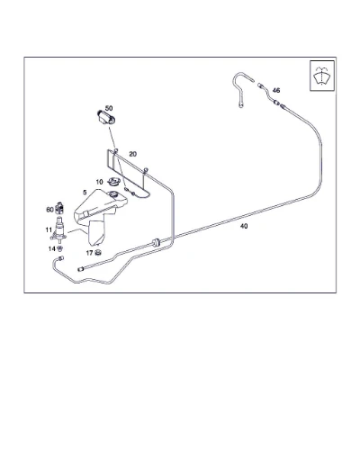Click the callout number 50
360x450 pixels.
109,108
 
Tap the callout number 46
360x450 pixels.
276,90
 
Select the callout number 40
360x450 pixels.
244,226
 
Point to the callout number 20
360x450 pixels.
132,154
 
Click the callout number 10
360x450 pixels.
99,182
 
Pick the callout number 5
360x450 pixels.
85,193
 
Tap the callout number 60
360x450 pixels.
49,210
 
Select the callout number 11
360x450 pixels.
49,229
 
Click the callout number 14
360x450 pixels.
52,248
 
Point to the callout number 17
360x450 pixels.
89,253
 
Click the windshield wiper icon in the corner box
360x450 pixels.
322,76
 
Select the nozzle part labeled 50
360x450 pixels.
106,117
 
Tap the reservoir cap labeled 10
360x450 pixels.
114,182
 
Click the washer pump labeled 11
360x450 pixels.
58,230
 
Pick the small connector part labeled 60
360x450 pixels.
59,207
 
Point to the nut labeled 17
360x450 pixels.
97,253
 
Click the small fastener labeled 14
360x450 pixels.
60,248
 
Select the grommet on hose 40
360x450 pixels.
156,241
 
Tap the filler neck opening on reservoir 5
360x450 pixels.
113,193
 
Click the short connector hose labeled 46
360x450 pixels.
268,94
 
